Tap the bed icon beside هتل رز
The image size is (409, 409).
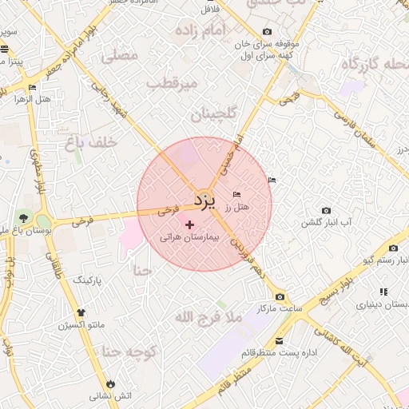[x=236, y=195]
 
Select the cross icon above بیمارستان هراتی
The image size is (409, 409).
[x=189, y=225]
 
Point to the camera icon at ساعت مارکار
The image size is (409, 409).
[x=279, y=296]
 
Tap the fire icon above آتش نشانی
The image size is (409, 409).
[x=110, y=383]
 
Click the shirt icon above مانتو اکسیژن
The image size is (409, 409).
[x=80, y=312]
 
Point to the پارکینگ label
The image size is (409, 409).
[x=89, y=281]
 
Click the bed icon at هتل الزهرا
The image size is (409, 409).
[x=32, y=87]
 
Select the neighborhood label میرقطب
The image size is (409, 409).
[x=170, y=83]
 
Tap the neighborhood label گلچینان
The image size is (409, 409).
[x=214, y=115]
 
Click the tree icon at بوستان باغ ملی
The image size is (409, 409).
[x=23, y=217]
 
